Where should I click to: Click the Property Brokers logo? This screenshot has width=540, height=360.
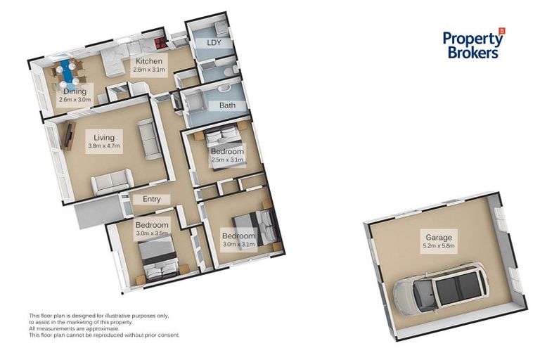[x=473, y=44]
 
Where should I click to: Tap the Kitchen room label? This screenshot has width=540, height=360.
[x=150, y=61]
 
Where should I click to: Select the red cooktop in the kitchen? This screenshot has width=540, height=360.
[x=160, y=41]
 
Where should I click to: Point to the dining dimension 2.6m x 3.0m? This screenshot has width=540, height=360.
[x=75, y=100]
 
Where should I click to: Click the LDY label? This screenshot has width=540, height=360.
[x=215, y=43]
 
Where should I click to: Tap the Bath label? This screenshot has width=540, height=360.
[x=227, y=106]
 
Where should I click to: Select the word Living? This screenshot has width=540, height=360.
[x=103, y=137]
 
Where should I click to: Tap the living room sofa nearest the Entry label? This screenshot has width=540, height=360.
[x=111, y=184]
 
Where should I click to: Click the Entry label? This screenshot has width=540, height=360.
[x=151, y=199]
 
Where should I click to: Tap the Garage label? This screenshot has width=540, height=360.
[x=439, y=237]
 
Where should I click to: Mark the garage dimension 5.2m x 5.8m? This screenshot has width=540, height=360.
[x=439, y=246]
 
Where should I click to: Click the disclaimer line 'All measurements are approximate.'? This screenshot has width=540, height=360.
[x=74, y=328]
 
